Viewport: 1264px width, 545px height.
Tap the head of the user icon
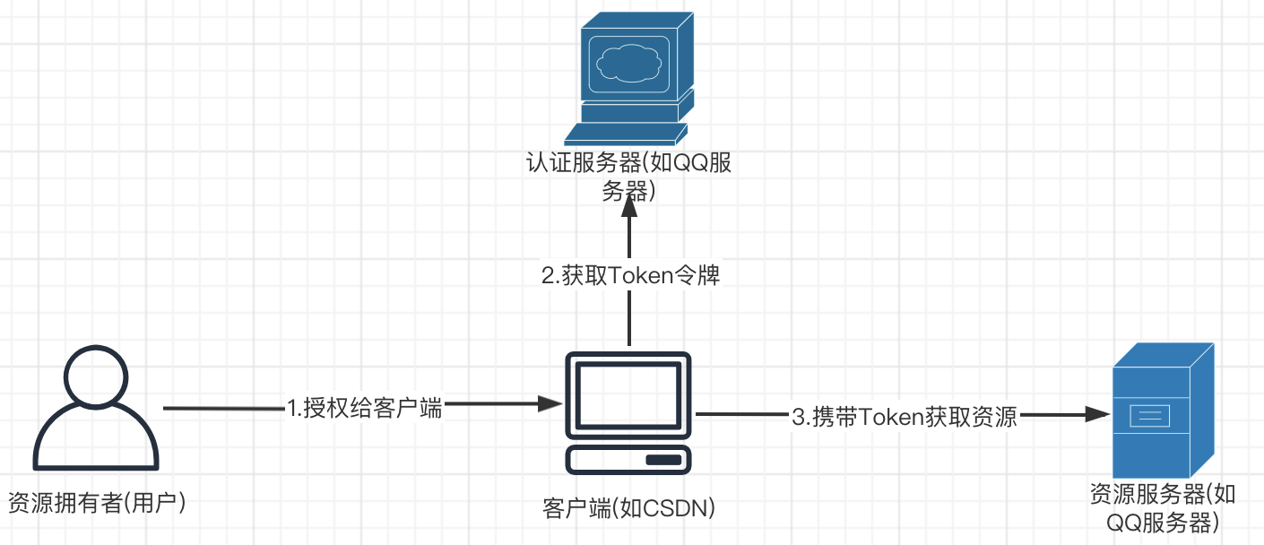coord(95,379)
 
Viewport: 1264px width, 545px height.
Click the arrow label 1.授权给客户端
coord(364,409)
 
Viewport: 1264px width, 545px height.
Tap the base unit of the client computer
coord(628,459)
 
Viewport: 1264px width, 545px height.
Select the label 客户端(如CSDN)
coord(628,508)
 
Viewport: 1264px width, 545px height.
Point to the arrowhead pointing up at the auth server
coord(629,206)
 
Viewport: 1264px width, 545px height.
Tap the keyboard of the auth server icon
coord(625,134)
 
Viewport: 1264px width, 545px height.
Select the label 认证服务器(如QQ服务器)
coord(630,177)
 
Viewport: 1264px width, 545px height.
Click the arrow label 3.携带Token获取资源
coord(904,416)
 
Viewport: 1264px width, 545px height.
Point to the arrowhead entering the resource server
coord(1099,414)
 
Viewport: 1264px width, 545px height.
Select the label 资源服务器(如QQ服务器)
coord(1163,508)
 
